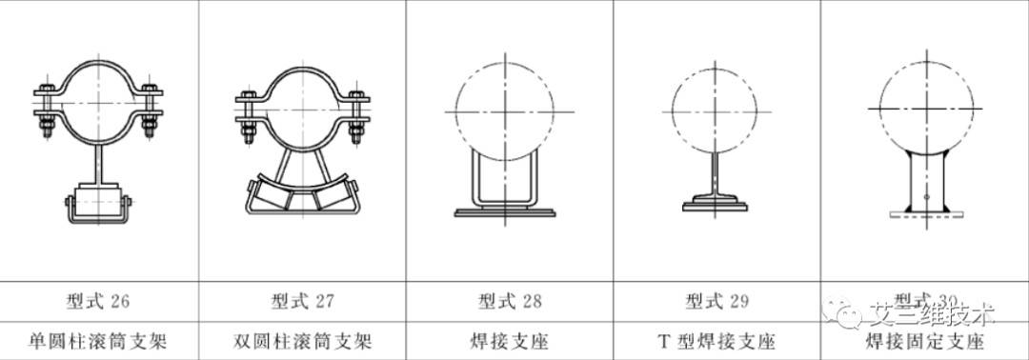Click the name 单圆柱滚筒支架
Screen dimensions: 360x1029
99,340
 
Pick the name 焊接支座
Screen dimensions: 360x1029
510,340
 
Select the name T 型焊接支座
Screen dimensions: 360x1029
716,340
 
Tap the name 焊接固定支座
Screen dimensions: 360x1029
924,341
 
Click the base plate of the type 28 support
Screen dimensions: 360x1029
504,211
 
